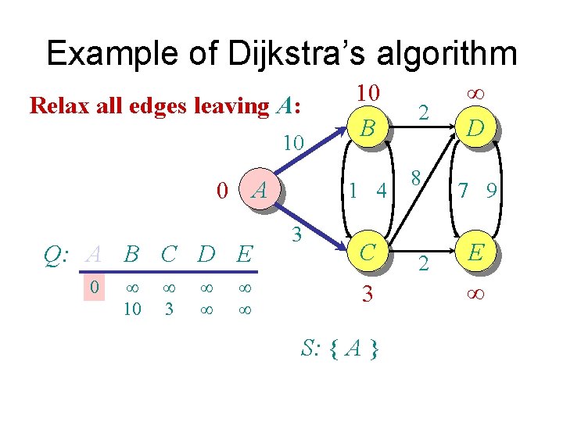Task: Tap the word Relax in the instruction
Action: point(56,105)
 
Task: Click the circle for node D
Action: point(474,127)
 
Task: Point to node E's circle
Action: point(474,252)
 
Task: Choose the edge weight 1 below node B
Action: point(355,190)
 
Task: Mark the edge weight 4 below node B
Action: point(382,190)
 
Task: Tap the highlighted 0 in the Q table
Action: point(94,288)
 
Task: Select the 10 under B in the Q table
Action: point(132,309)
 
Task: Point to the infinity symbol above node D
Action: point(474,94)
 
